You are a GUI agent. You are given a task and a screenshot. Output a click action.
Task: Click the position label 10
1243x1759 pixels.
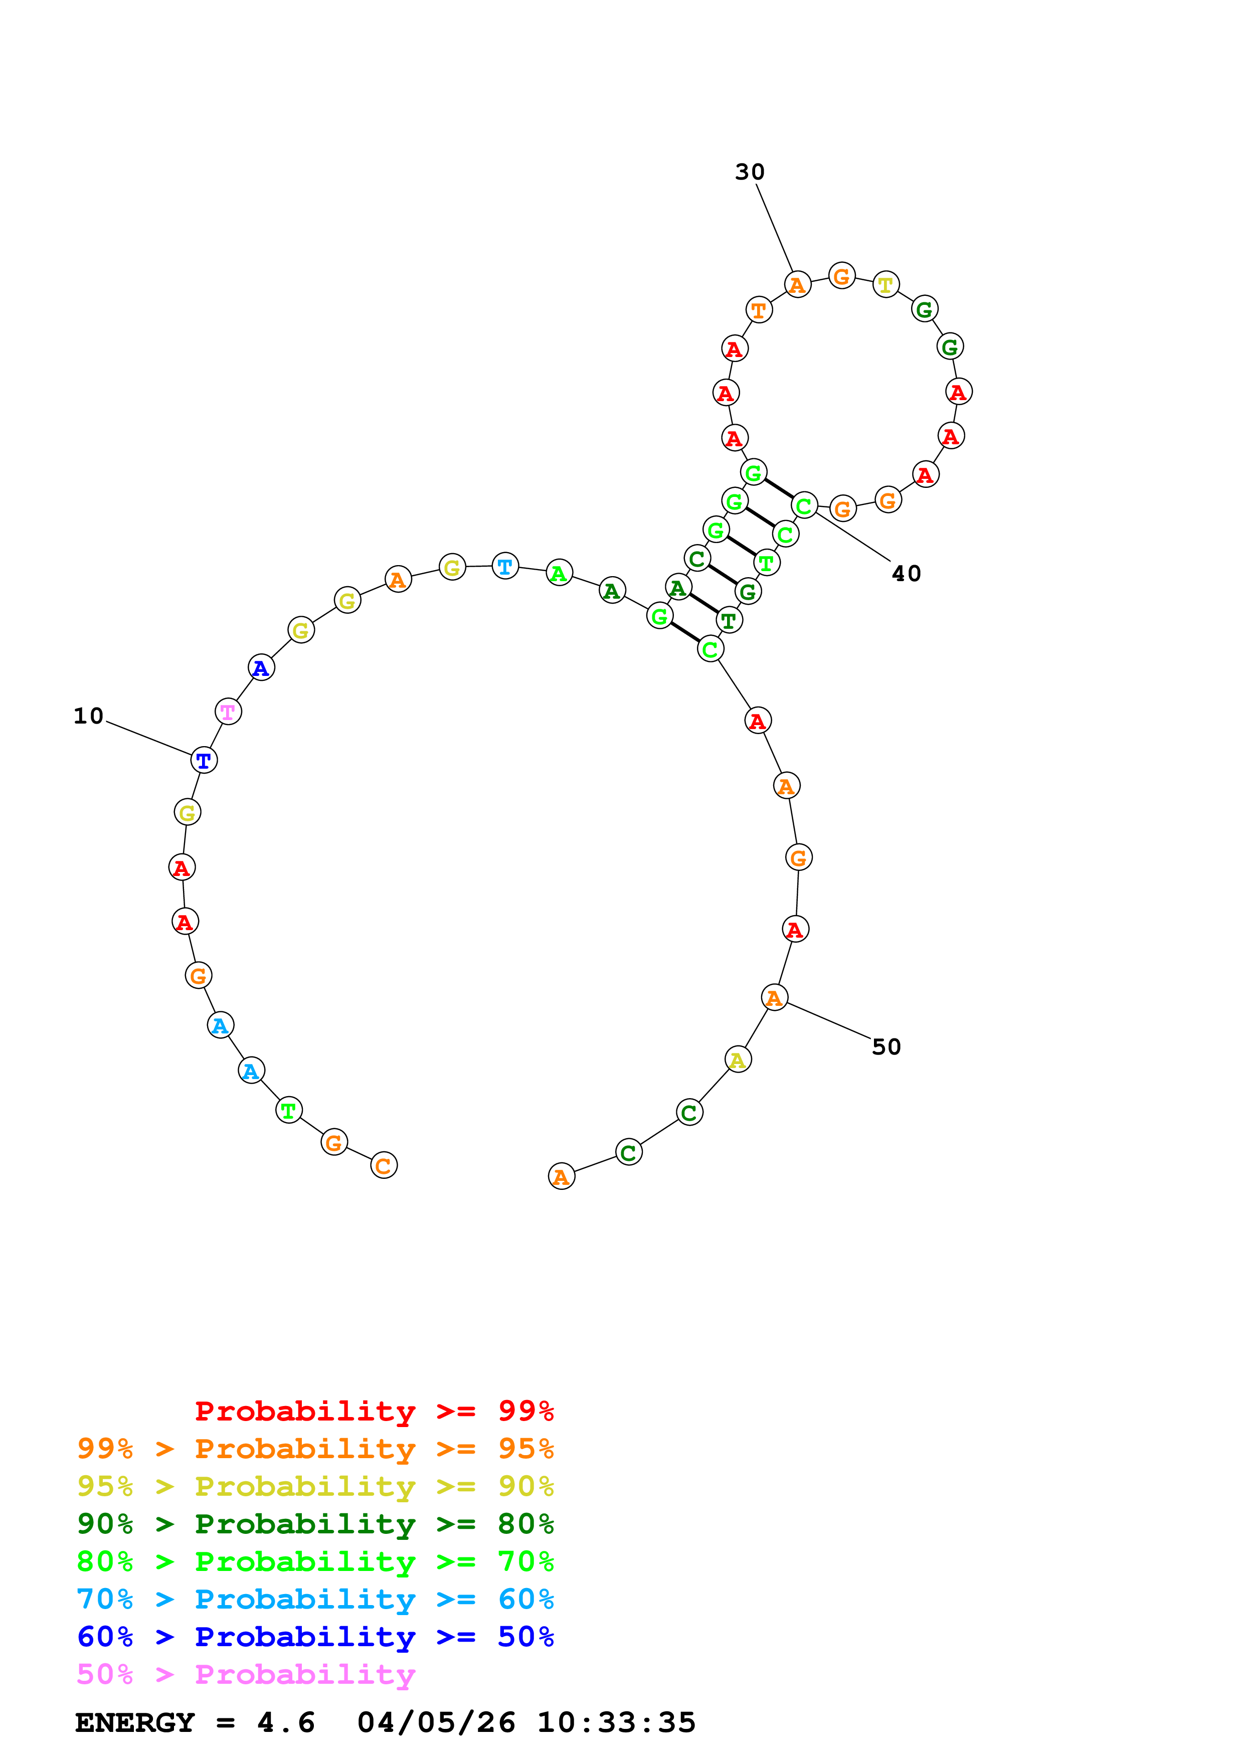88,717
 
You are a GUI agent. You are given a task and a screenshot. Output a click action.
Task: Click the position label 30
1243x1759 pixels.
750,172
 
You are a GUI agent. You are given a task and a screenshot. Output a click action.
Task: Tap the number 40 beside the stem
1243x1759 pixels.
906,574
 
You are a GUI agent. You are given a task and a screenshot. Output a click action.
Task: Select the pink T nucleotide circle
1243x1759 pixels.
228,712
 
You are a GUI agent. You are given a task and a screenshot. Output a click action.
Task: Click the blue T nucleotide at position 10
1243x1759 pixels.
204,760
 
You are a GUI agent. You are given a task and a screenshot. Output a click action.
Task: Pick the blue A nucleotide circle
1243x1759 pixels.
261,668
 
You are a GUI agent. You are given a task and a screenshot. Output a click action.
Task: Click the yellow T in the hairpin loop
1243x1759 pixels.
886,285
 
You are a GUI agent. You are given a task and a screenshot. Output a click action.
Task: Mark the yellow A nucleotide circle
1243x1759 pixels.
738,1061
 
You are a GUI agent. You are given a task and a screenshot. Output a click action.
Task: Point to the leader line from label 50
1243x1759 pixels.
829,1021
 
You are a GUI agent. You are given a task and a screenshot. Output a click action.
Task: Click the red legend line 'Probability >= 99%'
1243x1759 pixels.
374,1411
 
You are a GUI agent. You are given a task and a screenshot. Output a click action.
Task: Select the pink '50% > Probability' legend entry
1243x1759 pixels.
246,1675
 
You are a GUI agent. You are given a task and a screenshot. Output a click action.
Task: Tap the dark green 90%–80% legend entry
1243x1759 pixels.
315,1524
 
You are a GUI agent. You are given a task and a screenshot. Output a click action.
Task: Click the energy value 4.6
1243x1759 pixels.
286,1723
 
